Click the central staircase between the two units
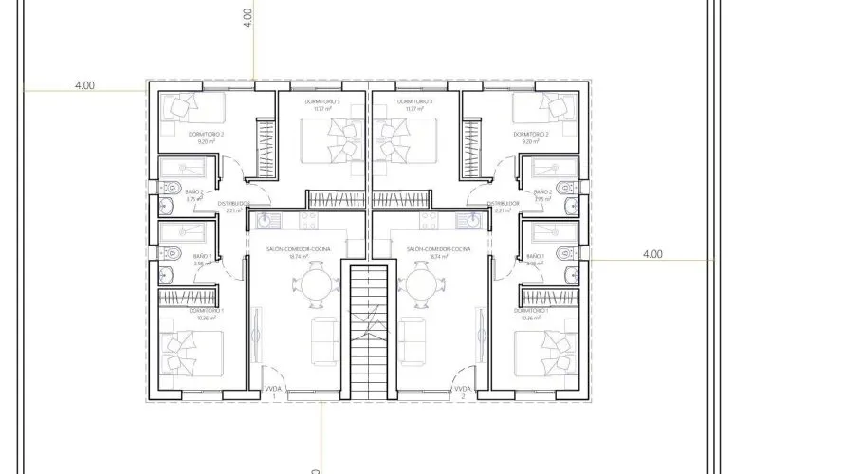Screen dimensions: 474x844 pyautogui.click(x=369, y=332)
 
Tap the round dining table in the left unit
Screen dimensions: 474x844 pyautogui.click(x=313, y=283)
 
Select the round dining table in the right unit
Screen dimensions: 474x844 pyautogui.click(x=423, y=283)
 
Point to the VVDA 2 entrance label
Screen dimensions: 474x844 pyautogui.click(x=463, y=389)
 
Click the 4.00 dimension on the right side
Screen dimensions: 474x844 pyautogui.click(x=652, y=254)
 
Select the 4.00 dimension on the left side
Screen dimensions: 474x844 pyautogui.click(x=84, y=85)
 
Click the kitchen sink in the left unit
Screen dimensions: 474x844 pyautogui.click(x=264, y=221)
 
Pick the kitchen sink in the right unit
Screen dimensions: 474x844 pyautogui.click(x=472, y=221)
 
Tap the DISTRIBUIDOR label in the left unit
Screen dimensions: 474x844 pyautogui.click(x=234, y=203)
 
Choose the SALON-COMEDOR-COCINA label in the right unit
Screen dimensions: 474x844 pyautogui.click(x=432, y=249)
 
